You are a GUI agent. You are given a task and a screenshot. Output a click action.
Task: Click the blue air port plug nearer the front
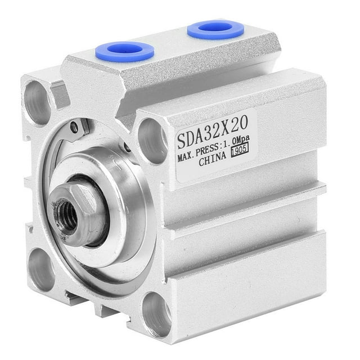(x=125, y=51)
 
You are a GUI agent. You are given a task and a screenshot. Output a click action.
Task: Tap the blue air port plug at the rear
(x=215, y=29)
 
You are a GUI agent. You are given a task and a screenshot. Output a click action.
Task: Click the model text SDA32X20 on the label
(x=213, y=131)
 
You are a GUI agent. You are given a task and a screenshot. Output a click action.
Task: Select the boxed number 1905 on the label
(x=240, y=150)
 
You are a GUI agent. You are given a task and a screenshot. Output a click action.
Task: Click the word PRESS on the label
(x=207, y=150)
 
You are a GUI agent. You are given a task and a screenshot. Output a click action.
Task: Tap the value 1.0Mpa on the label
(x=236, y=141)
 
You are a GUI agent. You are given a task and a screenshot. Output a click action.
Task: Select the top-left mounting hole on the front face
(x=37, y=103)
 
